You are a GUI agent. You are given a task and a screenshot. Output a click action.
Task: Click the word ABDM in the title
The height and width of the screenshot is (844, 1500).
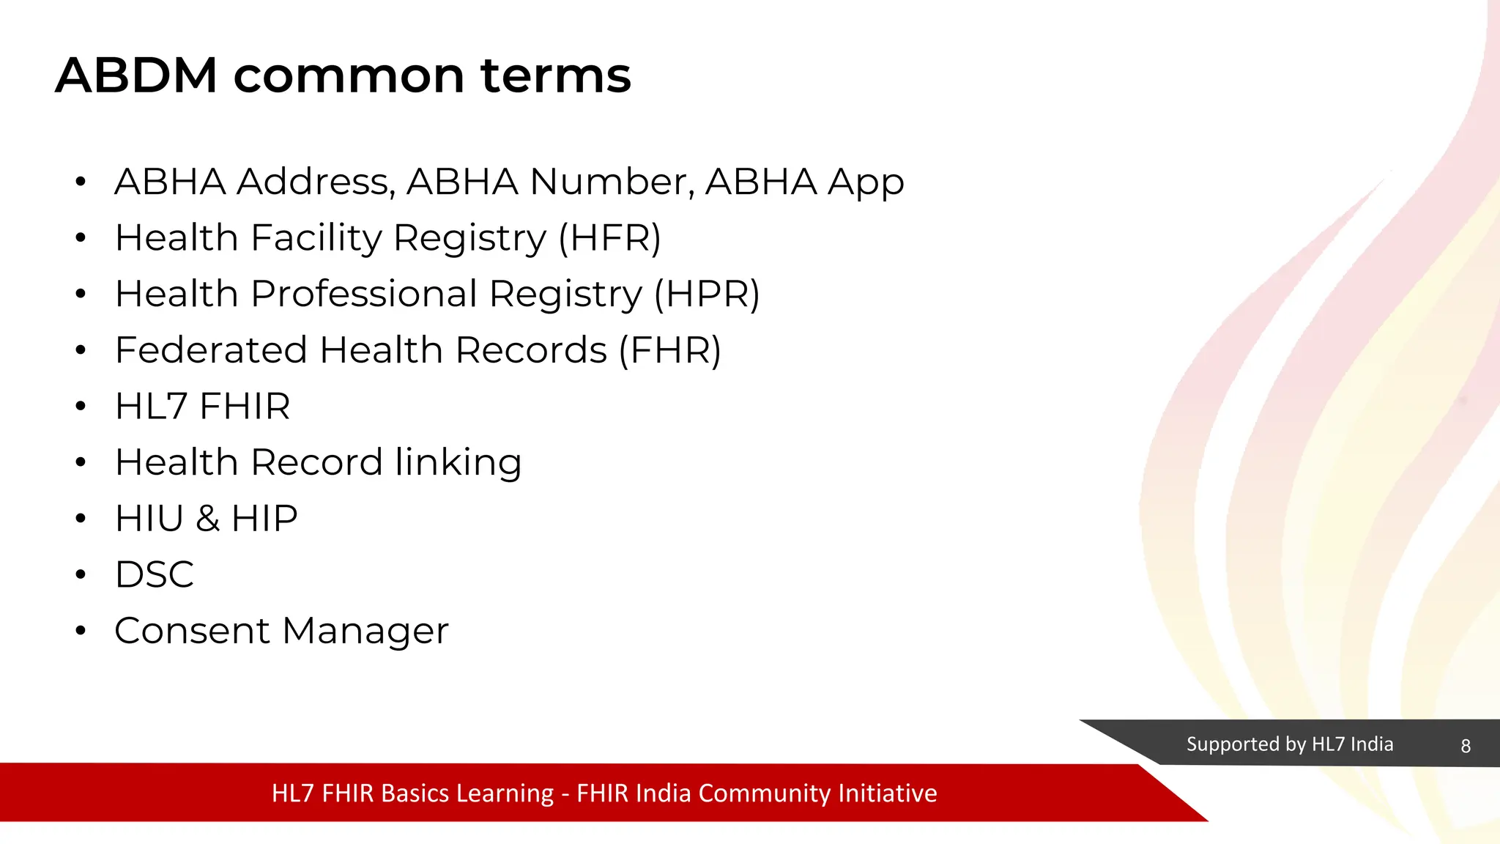(x=136, y=75)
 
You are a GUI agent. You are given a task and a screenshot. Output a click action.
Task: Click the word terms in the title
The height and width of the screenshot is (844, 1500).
(x=555, y=75)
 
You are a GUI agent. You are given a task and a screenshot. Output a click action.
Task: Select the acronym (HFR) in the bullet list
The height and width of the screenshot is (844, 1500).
(x=609, y=238)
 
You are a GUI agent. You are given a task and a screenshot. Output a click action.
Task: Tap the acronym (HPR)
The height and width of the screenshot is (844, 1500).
(x=707, y=295)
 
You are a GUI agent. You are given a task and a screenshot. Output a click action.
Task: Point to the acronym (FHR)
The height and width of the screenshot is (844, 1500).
(x=669, y=350)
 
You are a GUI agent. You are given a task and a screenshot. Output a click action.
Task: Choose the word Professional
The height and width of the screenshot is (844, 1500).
(x=364, y=295)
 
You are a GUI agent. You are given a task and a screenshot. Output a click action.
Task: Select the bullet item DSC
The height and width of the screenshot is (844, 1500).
(x=155, y=574)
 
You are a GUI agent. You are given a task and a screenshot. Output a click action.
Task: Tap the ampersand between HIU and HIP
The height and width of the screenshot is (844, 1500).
(x=207, y=519)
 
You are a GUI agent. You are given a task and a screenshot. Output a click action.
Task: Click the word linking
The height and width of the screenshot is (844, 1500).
(x=458, y=463)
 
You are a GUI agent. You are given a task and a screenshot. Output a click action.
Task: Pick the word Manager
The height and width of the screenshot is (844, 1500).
(x=365, y=632)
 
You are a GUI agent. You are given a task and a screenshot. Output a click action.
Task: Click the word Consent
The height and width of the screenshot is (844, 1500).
(x=193, y=631)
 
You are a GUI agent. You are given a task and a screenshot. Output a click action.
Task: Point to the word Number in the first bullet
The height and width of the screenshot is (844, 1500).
(x=612, y=182)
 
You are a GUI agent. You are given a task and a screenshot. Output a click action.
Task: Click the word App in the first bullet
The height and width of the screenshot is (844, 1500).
(x=866, y=183)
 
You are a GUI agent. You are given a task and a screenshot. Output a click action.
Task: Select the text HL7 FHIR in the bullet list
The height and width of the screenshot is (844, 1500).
(x=203, y=407)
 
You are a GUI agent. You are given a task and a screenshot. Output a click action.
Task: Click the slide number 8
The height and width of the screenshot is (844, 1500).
(x=1465, y=746)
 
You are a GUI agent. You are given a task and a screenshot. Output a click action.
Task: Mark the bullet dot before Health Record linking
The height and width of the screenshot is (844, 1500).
(x=81, y=462)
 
